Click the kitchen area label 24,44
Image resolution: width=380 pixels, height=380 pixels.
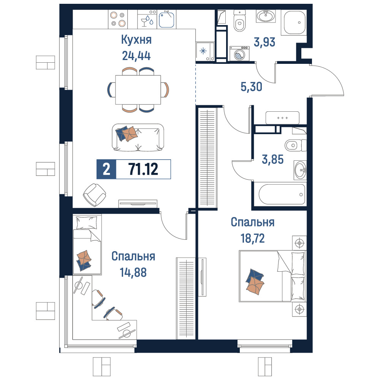point(136,56)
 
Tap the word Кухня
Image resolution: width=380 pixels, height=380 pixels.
point(136,40)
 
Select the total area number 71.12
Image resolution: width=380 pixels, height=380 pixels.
point(143,169)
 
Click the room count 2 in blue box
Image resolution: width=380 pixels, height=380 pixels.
point(106,169)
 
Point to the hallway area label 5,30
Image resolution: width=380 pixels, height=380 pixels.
point(251,87)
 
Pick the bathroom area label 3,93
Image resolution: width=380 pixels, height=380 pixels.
point(264,42)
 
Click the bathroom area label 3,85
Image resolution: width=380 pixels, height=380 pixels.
point(272,160)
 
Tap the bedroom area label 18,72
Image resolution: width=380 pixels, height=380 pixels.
point(253,239)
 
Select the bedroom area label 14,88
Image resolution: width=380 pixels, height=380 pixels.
point(133,272)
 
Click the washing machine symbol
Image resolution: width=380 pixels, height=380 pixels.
point(239,54)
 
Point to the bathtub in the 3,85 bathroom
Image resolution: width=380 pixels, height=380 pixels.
point(282,194)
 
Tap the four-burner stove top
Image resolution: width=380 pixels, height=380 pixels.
point(118,19)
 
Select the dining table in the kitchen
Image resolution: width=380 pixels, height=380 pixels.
point(138,90)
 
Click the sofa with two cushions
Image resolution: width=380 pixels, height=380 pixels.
point(138,138)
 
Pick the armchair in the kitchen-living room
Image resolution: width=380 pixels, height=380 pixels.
point(94,195)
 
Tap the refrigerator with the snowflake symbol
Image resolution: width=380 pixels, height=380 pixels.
point(205,51)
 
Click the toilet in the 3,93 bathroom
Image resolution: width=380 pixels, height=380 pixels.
point(239,21)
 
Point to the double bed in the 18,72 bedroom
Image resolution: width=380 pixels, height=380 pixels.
point(272,276)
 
